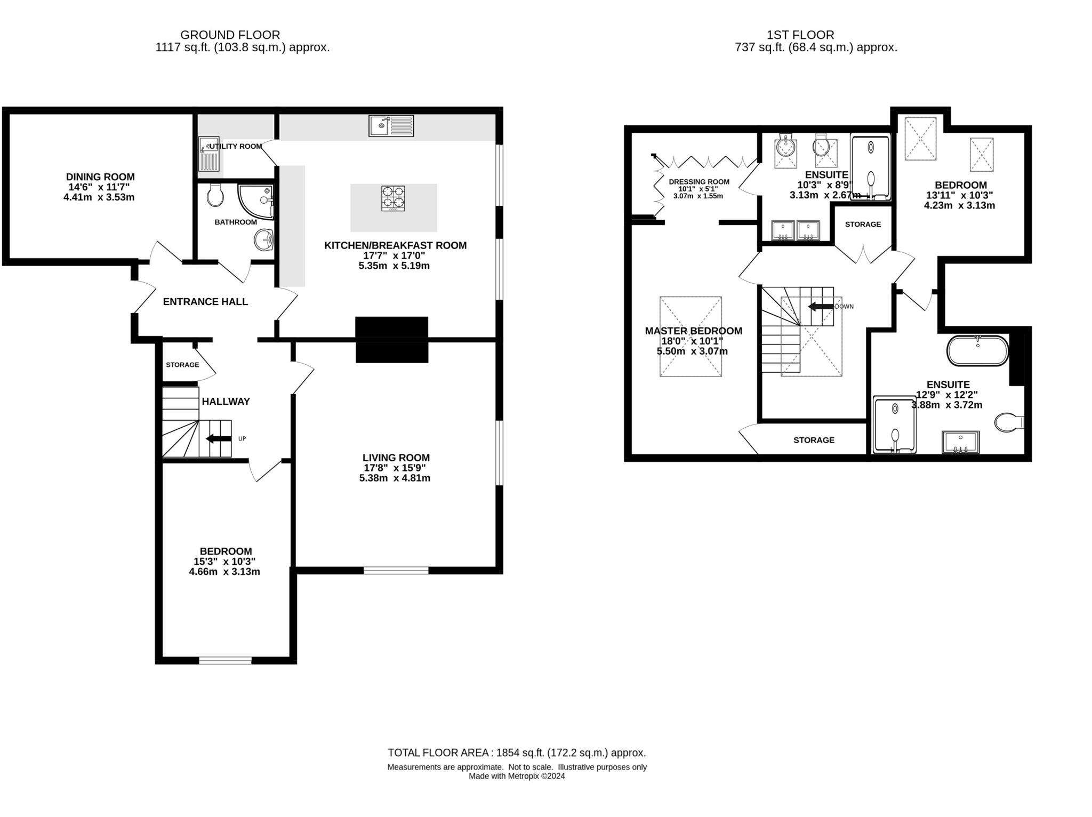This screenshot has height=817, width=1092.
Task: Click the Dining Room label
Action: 100,177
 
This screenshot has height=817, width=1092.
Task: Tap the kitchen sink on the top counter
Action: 391,126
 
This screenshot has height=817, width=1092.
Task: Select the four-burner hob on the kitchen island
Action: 393,198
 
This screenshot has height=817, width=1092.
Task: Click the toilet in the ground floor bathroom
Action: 215,196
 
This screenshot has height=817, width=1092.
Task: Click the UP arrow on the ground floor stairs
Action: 219,439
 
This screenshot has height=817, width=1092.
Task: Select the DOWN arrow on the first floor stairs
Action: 821,307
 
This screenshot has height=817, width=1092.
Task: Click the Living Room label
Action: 396,458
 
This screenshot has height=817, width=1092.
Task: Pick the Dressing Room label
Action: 698,182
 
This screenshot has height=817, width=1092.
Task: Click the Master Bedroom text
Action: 693,331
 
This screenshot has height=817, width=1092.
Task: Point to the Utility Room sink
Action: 209,153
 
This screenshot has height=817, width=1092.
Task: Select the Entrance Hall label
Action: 205,302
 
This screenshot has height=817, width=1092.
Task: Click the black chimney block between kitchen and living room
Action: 392,340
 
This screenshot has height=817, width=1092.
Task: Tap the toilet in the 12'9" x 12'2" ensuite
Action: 1009,422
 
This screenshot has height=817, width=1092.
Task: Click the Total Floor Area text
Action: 516,753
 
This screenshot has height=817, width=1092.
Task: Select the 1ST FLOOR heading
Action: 800,35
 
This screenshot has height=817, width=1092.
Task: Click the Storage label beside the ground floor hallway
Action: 182,365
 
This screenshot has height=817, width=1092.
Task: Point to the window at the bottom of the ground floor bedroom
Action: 225,660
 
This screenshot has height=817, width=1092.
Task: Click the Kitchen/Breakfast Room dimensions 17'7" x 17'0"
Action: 394,256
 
